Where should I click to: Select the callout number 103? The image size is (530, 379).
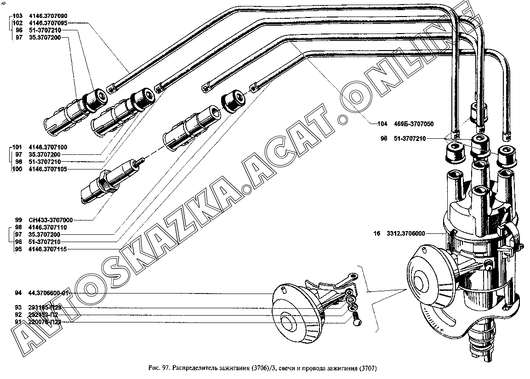[17, 16]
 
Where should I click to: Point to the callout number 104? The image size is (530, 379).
[382, 124]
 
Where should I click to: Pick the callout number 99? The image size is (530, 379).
[18, 220]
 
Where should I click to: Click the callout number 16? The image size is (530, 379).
[377, 234]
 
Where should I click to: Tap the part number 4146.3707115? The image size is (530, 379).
[48, 249]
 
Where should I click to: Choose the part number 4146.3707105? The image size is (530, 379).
[48, 169]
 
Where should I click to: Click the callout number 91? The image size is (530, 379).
[18, 322]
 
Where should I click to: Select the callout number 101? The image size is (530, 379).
[17, 147]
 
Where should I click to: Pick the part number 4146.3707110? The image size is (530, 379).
[48, 227]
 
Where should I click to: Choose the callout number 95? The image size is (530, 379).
[18, 249]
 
